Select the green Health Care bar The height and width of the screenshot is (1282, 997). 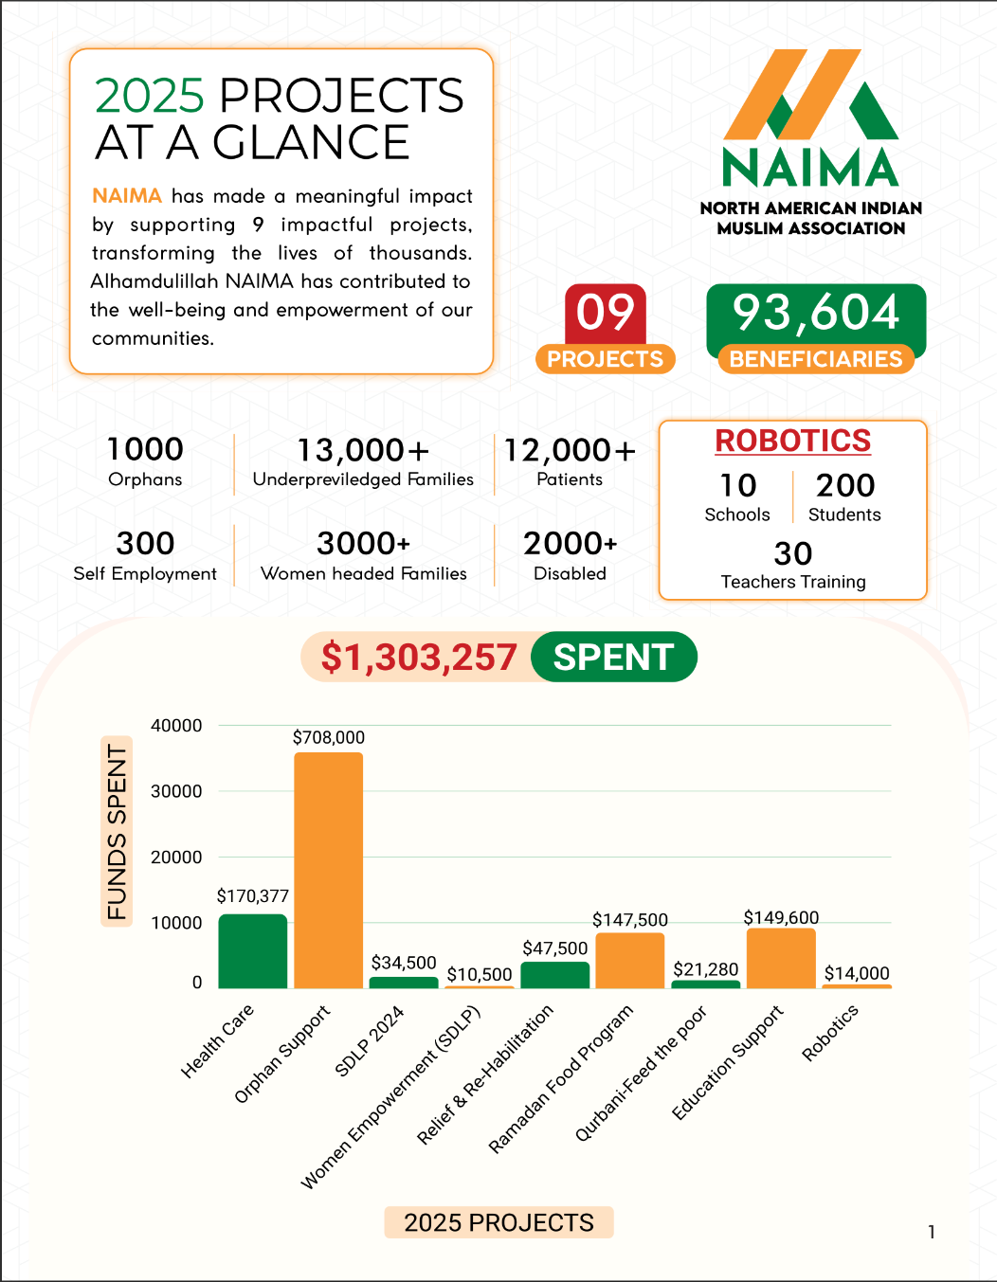[252, 951]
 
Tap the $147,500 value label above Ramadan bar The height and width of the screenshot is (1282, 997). [629, 920]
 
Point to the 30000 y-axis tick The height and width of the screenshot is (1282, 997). [176, 791]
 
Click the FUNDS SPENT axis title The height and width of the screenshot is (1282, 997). [117, 831]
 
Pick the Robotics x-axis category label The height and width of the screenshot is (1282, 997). [829, 1033]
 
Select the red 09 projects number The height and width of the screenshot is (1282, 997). [605, 313]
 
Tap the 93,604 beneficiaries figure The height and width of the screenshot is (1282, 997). [816, 313]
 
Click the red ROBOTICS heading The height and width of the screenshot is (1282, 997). [792, 441]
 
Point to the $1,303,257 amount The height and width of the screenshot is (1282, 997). [418, 657]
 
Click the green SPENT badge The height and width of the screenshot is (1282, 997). [613, 657]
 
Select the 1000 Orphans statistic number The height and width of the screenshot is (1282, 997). [145, 449]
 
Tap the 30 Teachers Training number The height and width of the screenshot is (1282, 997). [792, 553]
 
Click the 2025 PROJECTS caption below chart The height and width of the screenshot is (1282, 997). [498, 1222]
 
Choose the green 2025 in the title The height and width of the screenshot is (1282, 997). [150, 96]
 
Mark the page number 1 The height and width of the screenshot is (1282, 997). [932, 1232]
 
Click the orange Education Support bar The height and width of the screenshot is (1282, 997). [781, 958]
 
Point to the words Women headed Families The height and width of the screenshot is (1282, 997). [364, 573]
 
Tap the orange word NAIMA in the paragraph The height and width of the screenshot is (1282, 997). [127, 196]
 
